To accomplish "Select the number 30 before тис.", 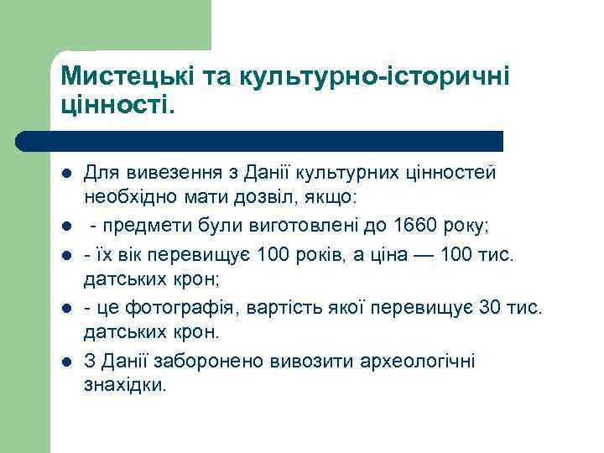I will pos(488,308).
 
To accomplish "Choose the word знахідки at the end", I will pos(125,386).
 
